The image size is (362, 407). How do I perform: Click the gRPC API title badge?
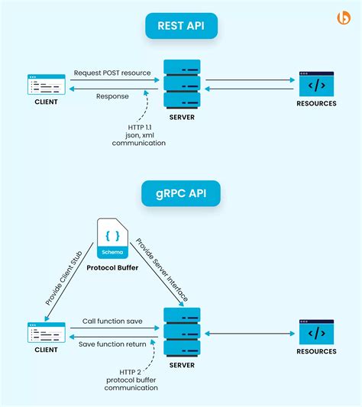pos(181,194)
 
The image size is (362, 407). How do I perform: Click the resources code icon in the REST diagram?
pos(316,84)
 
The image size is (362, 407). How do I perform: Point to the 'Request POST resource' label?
pos(112,73)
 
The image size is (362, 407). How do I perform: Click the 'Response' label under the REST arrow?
pos(112,96)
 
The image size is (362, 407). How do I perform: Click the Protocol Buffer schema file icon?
pos(112,238)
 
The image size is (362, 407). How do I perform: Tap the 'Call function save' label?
pos(112,321)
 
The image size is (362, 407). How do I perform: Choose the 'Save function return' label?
pos(112,345)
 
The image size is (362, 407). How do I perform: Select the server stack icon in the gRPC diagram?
pos(182,331)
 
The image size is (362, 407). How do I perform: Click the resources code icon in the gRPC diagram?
pos(316,333)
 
